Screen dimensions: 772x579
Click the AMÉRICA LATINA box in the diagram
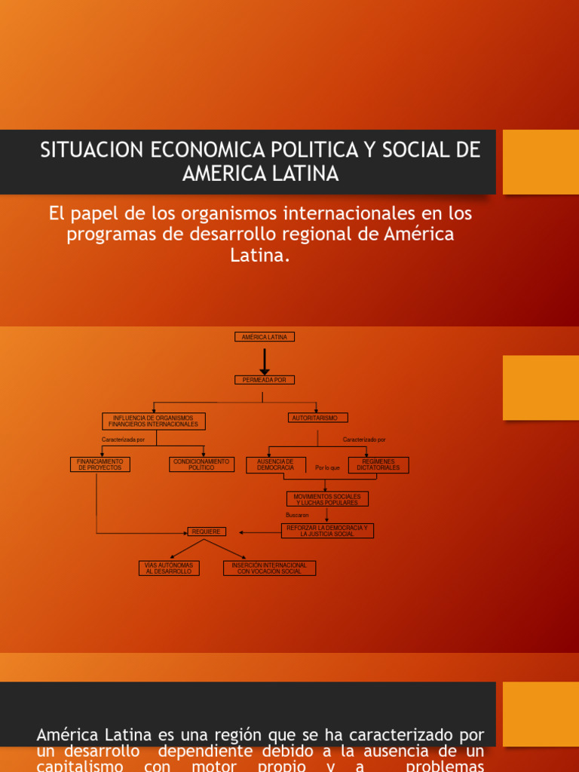click(x=265, y=337)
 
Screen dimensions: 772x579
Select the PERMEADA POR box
click(x=265, y=380)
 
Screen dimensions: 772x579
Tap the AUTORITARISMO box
click(x=317, y=418)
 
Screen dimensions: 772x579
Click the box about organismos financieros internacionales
click(x=154, y=421)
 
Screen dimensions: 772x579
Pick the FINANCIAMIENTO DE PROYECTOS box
click(x=100, y=464)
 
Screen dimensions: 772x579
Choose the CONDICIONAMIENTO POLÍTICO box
click(x=201, y=464)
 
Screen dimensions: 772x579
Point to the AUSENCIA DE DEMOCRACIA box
click(x=276, y=464)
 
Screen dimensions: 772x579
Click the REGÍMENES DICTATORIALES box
click(x=378, y=464)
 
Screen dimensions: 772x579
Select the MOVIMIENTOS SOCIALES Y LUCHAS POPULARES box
click(x=327, y=499)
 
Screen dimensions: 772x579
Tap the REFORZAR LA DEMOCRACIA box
click(x=327, y=531)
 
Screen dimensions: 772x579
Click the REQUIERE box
click(x=207, y=532)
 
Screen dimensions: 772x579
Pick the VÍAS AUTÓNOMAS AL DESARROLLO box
click(x=170, y=568)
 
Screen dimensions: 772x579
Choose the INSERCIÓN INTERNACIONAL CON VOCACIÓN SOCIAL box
click(x=270, y=568)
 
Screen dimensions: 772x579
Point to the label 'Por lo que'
click(x=328, y=468)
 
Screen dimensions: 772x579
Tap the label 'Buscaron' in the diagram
click(x=297, y=515)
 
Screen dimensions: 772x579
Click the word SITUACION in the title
click(x=91, y=150)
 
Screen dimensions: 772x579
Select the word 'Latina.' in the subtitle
click(x=260, y=256)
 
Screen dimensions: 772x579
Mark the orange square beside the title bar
click(x=541, y=162)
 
